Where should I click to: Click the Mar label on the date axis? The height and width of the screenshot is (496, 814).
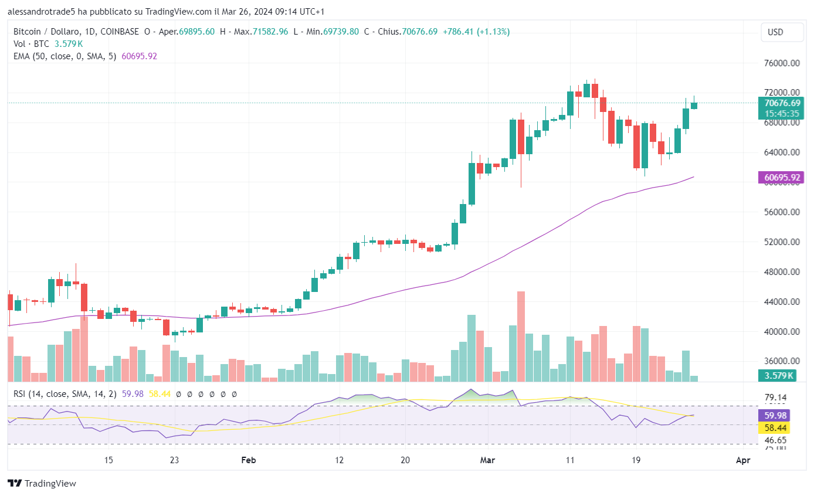coord(487,460)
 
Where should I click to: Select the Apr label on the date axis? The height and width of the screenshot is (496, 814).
coord(742,460)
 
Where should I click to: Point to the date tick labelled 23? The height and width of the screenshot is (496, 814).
coord(174,460)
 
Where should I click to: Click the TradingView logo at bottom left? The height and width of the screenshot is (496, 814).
coord(42,484)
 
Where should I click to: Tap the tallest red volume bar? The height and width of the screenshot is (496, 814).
coord(521,335)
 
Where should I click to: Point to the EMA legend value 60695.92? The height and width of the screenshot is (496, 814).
coord(139,56)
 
